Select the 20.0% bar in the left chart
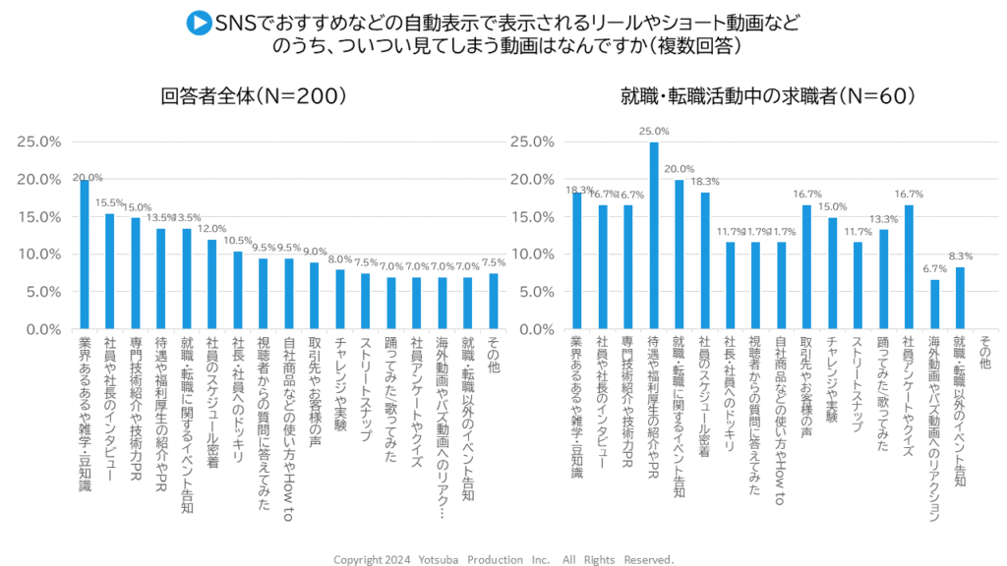click(x=85, y=255)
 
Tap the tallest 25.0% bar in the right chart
click(x=653, y=236)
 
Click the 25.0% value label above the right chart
click(x=654, y=131)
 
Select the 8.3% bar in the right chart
click(x=960, y=299)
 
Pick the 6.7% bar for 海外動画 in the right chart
click(x=934, y=305)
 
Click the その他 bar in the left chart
click(x=493, y=302)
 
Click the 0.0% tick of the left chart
click(x=40, y=329)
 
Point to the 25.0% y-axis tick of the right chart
click(x=532, y=141)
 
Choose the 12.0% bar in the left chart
click(x=212, y=285)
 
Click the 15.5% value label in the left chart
click(x=110, y=202)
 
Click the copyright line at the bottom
click(x=503, y=559)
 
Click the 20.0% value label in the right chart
click(x=680, y=168)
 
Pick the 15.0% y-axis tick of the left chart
click(x=40, y=216)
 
